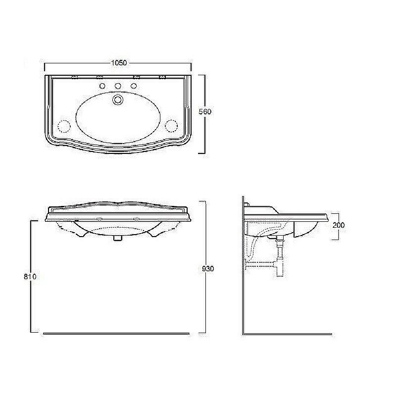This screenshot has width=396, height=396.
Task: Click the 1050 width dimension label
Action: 118,63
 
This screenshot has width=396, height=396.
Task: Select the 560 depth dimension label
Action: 204,112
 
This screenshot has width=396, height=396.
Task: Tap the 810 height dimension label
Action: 30,277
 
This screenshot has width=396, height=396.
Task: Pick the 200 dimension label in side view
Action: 339,225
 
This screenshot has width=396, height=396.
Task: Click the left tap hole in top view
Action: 103,86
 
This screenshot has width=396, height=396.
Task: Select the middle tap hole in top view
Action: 118,86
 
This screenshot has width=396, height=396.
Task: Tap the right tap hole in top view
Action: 134,86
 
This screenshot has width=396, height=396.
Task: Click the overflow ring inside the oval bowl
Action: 118,100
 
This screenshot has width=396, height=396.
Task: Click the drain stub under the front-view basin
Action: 117,238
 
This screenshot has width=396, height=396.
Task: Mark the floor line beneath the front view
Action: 116,334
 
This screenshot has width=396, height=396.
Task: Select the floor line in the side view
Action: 287,334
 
